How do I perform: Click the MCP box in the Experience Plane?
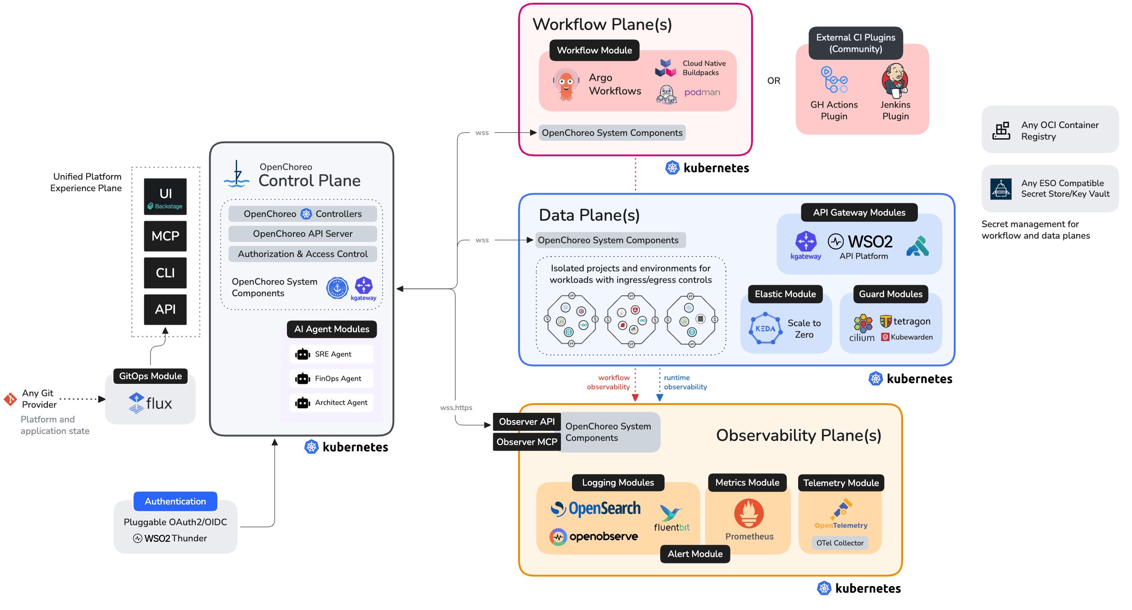pos(165,236)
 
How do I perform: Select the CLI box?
pos(165,273)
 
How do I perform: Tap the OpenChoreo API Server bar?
pos(303,234)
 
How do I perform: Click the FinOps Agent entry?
pos(331,378)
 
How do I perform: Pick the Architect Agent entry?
pos(331,402)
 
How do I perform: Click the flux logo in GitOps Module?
pos(150,403)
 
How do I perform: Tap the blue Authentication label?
pos(175,501)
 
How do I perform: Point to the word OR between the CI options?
pos(774,81)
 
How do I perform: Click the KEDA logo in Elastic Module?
pos(765,328)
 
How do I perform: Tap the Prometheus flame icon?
pos(749,513)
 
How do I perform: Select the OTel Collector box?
pos(840,543)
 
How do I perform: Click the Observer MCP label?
pos(526,442)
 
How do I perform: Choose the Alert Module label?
pos(694,554)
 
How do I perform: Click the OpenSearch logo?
pos(595,509)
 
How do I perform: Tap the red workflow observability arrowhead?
pos(635,397)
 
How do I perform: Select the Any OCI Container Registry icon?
pos(1001,131)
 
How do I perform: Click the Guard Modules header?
pos(890,294)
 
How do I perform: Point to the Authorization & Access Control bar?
pos(303,254)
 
